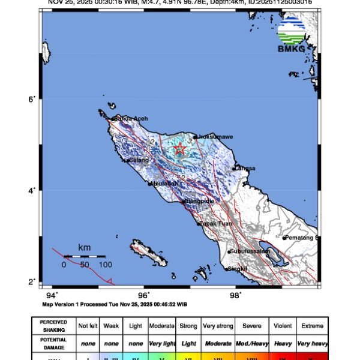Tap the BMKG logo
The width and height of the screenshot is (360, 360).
(x=290, y=34)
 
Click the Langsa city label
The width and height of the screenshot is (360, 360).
(x=244, y=168)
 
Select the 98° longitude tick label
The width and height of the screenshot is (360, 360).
(x=235, y=295)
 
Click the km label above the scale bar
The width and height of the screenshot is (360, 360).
(x=85, y=247)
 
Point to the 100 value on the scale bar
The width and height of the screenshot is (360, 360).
(x=106, y=265)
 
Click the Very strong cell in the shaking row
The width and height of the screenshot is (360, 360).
(x=217, y=326)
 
